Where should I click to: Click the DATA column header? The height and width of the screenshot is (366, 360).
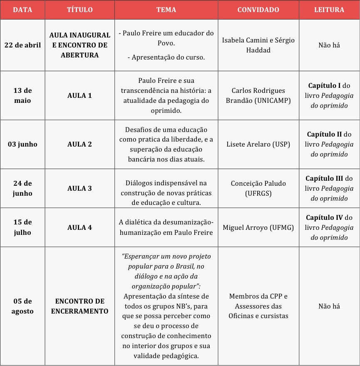(22, 10)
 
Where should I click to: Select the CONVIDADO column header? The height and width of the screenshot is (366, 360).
(258, 10)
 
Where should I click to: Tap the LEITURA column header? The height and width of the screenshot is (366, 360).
(329, 10)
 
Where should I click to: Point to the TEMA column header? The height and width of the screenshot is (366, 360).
(166, 10)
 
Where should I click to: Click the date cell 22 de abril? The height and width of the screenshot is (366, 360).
(22, 45)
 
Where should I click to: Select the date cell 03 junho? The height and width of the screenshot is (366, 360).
(22, 144)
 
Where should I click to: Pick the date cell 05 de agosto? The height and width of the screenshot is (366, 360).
(22, 306)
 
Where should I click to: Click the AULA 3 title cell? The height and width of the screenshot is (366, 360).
(79, 188)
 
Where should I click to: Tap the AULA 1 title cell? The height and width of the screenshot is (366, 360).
(79, 95)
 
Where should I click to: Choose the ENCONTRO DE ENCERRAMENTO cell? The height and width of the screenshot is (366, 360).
(79, 306)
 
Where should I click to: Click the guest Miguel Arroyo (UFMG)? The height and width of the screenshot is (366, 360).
(258, 227)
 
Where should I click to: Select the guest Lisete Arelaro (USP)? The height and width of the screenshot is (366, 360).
(258, 144)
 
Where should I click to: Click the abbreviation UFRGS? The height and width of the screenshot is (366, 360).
(258, 193)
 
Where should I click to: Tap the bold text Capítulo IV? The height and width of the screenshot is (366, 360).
(324, 217)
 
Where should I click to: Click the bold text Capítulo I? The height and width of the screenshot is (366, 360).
(324, 85)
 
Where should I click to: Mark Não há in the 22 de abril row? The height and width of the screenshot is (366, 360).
(329, 45)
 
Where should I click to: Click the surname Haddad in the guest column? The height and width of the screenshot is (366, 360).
(258, 50)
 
